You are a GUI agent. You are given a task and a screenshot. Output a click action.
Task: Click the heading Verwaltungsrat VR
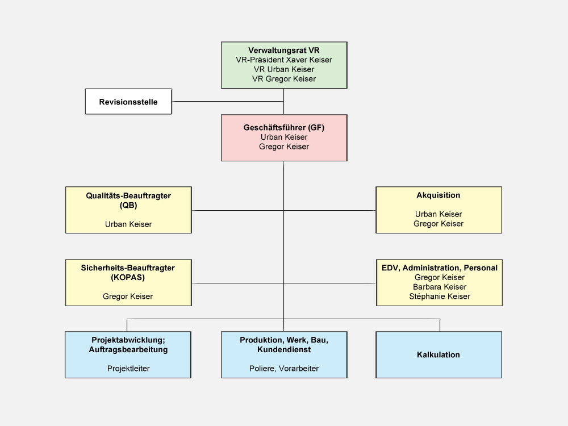[x=284, y=50]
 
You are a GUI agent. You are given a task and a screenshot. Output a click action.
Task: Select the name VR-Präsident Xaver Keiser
[x=284, y=60]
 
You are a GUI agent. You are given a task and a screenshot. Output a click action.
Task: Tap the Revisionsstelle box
[x=128, y=102]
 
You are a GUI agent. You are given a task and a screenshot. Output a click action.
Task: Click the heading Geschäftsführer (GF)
[x=284, y=128]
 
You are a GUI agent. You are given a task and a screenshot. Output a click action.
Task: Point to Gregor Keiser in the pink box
[x=284, y=147]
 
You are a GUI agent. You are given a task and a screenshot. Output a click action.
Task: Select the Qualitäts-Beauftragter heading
[x=128, y=195]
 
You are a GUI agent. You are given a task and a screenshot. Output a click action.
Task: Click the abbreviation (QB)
[x=128, y=205]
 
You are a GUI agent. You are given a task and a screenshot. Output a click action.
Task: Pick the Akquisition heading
[x=438, y=195]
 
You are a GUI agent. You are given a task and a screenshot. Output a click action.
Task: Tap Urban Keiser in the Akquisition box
[x=438, y=214]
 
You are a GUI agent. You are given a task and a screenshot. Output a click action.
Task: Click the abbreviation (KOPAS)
[x=128, y=277]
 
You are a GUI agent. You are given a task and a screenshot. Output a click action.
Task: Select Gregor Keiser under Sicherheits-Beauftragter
[x=128, y=296]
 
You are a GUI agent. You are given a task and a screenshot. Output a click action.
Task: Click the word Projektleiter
[x=128, y=369]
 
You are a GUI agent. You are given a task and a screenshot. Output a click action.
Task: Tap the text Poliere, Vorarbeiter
[x=284, y=369]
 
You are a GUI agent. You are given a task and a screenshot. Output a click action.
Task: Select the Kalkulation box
[x=438, y=355]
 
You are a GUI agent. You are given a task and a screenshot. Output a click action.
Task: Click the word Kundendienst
[x=284, y=350]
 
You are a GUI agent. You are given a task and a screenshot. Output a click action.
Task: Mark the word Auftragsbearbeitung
[x=128, y=350]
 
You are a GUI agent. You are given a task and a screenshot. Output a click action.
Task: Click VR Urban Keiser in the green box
[x=284, y=69]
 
